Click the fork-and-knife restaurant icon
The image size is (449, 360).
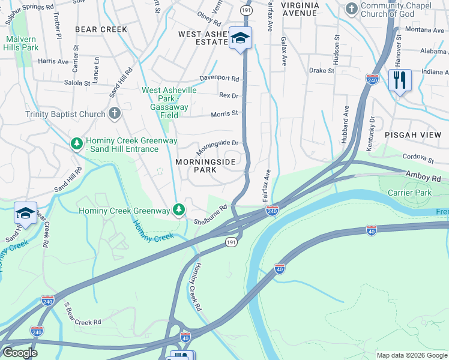(x=399, y=79)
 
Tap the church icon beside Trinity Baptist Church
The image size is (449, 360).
(x=115, y=113)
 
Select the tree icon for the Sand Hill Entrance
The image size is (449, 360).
(x=76, y=144)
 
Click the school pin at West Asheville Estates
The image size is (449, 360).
(x=241, y=39)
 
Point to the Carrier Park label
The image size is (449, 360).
(x=409, y=193)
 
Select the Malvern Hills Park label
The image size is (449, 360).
(x=21, y=43)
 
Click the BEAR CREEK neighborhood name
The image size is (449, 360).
(x=101, y=29)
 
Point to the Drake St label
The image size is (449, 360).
(x=322, y=71)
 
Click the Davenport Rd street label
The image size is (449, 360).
(x=219, y=79)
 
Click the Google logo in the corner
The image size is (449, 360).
(x=19, y=353)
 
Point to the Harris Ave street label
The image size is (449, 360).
(x=53, y=61)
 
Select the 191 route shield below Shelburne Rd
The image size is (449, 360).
(x=231, y=241)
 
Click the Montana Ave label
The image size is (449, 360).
(x=424, y=29)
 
